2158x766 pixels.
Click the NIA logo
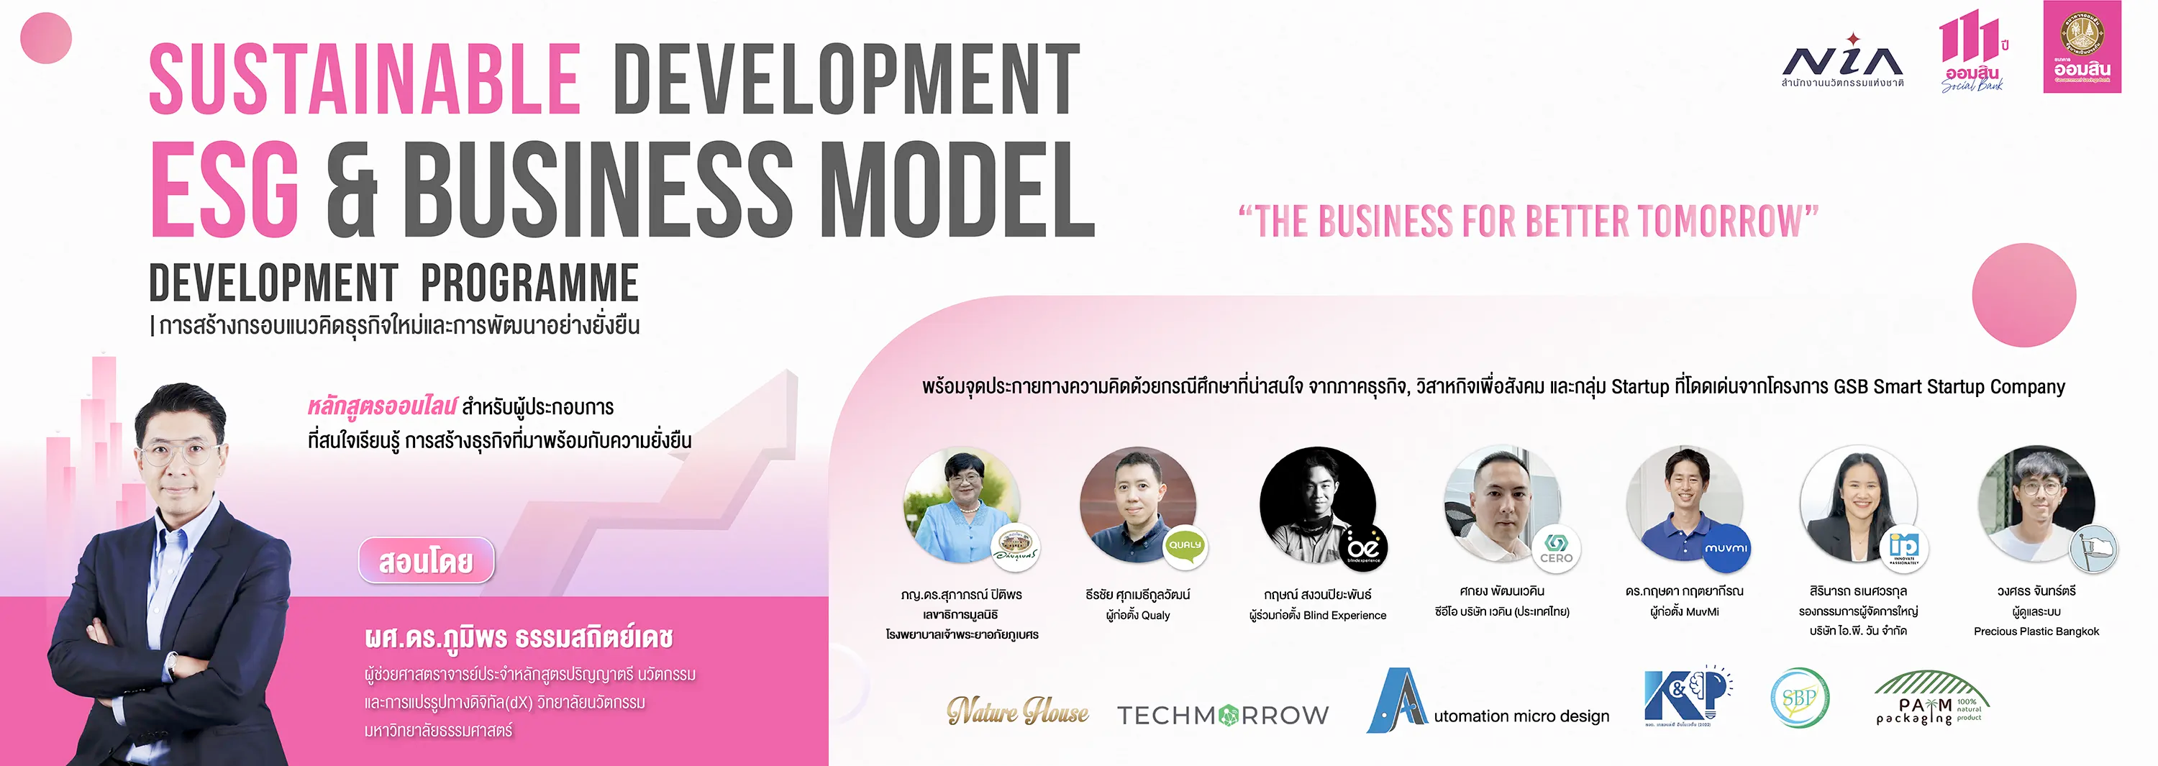(x=1842, y=61)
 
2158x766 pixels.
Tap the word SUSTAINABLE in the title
(x=365, y=80)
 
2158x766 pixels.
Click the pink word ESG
(x=224, y=191)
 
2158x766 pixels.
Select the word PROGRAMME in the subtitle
(x=529, y=283)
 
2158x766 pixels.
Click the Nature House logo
(x=1018, y=711)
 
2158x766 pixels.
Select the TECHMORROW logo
(x=1222, y=715)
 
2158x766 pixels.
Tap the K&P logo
(x=1685, y=696)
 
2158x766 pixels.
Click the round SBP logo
(x=1800, y=697)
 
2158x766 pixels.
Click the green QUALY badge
(x=1185, y=544)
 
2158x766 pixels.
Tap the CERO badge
(x=1556, y=548)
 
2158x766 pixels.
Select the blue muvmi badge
(x=1726, y=548)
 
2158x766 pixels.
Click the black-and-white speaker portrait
(x=1316, y=503)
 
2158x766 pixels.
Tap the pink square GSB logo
(x=2082, y=47)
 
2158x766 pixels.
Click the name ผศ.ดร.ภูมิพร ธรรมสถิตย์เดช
(x=519, y=639)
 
